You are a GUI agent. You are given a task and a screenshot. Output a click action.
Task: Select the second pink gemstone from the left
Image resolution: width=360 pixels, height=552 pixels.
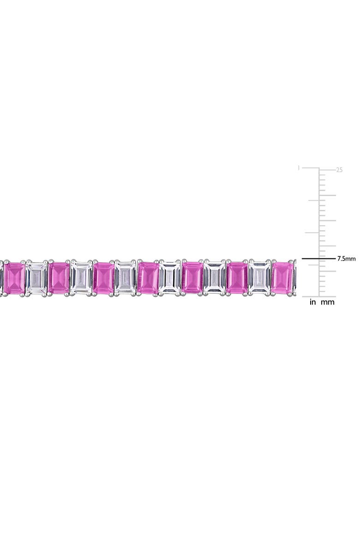coord(59,278)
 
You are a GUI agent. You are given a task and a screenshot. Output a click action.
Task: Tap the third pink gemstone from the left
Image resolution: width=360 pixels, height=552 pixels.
coord(103,278)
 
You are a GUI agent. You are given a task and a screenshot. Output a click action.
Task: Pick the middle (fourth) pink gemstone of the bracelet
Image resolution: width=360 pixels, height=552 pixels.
coord(148,278)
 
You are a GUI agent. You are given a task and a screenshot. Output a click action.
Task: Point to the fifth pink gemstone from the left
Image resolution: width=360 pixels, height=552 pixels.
coord(193,278)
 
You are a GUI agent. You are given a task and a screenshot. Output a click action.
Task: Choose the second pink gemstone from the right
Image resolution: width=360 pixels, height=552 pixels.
coord(237,278)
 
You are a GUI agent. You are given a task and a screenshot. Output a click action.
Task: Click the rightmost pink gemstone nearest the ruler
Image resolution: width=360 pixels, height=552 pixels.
coord(282,278)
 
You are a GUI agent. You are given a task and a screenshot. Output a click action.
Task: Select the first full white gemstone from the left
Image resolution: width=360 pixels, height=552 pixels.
coord(36,278)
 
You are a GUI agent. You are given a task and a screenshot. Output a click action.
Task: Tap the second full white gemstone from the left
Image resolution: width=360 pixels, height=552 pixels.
coord(81,278)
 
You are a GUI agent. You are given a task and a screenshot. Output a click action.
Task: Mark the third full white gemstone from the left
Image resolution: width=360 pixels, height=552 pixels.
coord(126,278)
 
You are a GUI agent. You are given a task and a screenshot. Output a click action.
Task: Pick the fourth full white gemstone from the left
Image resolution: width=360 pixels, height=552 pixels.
coord(170,278)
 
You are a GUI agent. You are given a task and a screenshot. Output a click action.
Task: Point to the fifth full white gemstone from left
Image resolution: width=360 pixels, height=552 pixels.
coord(215,278)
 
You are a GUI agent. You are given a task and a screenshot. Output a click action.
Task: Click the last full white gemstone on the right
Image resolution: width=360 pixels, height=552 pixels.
coord(260,278)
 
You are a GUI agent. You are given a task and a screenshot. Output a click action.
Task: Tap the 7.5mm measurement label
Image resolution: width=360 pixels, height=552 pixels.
coord(346,259)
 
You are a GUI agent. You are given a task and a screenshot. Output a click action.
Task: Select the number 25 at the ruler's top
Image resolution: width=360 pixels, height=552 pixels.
coord(339,170)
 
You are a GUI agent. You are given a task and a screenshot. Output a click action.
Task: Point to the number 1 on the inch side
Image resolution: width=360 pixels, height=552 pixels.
coord(299,168)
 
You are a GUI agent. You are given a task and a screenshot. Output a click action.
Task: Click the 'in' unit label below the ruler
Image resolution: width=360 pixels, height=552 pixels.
coord(312,302)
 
